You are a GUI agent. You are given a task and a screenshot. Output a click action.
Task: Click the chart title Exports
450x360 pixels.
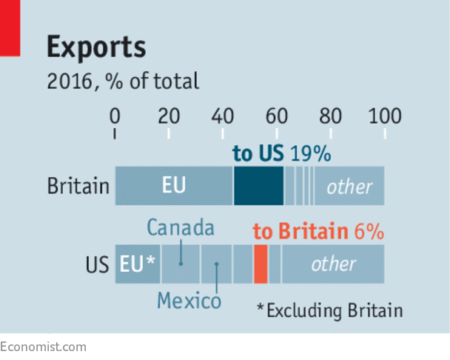point(96,47)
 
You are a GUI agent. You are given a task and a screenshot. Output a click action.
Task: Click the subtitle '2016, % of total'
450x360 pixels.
point(123,80)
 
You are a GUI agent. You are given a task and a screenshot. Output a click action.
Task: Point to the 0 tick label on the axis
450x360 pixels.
point(115,116)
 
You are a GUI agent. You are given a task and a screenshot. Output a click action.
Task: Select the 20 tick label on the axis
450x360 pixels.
point(169,116)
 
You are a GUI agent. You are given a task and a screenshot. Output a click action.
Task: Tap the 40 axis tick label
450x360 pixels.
point(223,116)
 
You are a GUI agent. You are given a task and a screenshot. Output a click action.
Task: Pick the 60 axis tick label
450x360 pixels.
point(277,116)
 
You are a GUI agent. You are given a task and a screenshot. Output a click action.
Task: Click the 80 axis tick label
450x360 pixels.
point(331,116)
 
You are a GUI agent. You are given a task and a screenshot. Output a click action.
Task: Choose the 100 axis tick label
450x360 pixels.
point(384,116)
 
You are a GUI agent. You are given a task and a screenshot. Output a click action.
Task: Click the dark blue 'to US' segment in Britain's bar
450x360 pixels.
point(258,186)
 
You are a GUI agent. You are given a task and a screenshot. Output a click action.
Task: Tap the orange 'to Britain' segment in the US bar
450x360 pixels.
point(261,264)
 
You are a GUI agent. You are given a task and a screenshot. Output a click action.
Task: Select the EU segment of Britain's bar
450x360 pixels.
point(174,186)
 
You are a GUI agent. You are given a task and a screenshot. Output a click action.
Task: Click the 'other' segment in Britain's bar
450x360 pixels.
point(349,186)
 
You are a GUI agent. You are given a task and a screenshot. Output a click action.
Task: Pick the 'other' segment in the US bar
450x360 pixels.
point(333,264)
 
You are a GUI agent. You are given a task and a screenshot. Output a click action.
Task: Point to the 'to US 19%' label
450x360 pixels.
point(281,154)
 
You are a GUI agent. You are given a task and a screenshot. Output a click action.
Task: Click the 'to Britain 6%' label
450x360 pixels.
point(318,231)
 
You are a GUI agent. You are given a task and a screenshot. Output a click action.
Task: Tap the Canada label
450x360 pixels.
point(181,227)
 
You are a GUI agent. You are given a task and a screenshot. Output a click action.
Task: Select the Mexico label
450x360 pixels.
point(189,301)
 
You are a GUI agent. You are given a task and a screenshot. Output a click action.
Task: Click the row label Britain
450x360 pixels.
point(78,186)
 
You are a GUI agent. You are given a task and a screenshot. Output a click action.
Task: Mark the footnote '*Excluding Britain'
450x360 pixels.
point(329,310)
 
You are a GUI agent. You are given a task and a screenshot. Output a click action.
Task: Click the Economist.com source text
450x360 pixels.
point(43,347)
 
